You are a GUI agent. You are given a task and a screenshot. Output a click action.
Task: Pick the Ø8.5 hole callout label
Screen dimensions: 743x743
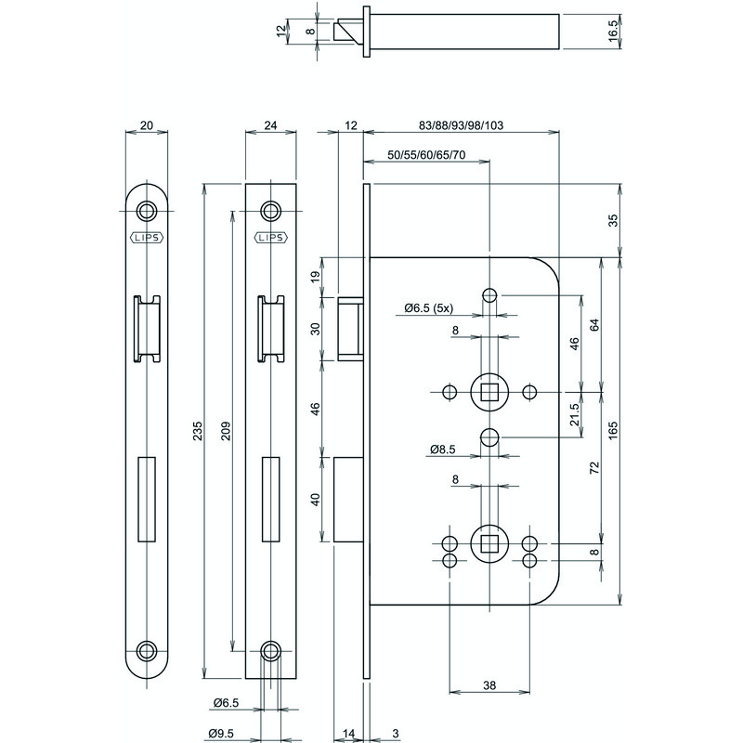click(x=443, y=450)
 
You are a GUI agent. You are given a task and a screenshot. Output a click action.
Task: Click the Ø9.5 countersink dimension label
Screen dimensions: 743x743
click(x=221, y=734)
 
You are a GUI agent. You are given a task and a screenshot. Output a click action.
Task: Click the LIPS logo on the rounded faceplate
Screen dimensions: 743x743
click(x=146, y=236)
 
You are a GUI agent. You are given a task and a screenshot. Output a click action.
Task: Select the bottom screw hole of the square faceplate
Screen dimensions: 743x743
click(x=269, y=649)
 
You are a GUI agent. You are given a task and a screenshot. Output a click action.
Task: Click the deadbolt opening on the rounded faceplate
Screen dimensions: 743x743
click(x=146, y=498)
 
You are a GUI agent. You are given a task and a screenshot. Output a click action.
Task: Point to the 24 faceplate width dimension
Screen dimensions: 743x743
click(x=269, y=125)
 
